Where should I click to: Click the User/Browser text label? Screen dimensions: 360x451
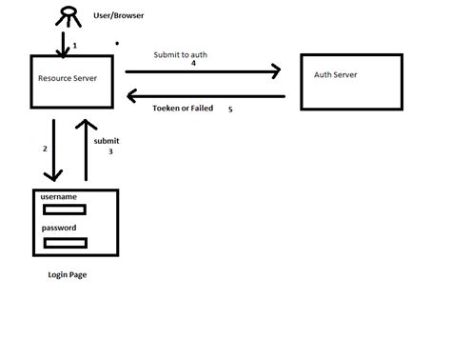click(x=120, y=16)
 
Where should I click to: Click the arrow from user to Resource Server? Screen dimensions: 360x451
click(x=65, y=43)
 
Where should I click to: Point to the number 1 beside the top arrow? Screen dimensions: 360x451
click(x=75, y=45)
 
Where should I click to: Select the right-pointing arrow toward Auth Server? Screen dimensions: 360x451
click(x=205, y=71)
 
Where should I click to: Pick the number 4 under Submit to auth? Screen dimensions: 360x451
click(x=193, y=64)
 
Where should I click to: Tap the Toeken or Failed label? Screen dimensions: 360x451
click(x=184, y=109)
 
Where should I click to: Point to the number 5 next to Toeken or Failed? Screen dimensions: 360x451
click(x=229, y=110)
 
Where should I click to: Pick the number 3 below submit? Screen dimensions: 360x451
click(x=110, y=151)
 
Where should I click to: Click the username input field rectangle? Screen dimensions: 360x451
click(x=64, y=210)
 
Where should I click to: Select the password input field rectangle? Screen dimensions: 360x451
click(x=64, y=243)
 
